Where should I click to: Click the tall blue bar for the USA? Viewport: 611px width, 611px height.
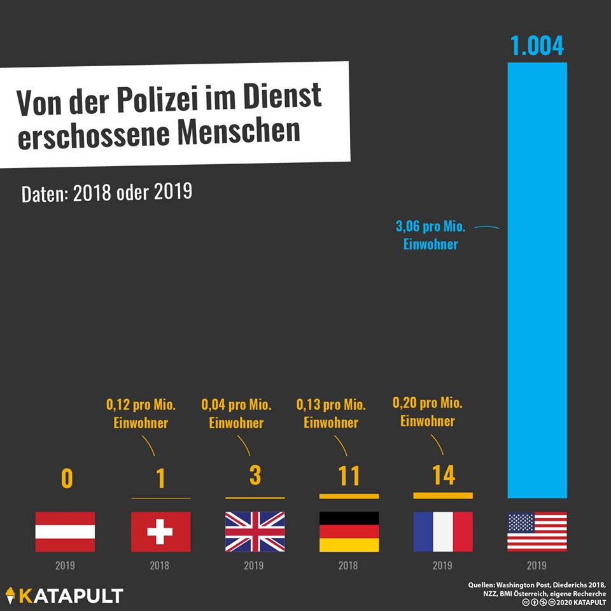[537, 280]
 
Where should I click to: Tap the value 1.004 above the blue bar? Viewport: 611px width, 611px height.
[537, 46]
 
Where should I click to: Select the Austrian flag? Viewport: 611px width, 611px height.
[64, 531]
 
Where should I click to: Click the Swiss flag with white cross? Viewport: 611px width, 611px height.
[160, 531]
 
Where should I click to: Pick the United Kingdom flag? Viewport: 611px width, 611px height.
[255, 531]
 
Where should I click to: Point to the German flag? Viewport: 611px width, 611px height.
[349, 531]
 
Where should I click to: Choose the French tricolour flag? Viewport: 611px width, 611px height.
[443, 531]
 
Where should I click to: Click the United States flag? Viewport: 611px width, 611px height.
[537, 531]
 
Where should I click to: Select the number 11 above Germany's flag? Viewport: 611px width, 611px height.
[349, 476]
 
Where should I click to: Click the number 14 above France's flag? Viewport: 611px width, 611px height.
[443, 475]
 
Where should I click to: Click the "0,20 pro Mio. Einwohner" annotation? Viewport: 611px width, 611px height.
[428, 412]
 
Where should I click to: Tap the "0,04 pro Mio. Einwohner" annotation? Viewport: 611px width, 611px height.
[236, 414]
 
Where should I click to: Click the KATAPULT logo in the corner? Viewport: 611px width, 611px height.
[64, 596]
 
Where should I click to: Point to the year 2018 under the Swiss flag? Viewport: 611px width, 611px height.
[160, 565]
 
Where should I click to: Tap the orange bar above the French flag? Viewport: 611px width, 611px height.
[443, 495]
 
